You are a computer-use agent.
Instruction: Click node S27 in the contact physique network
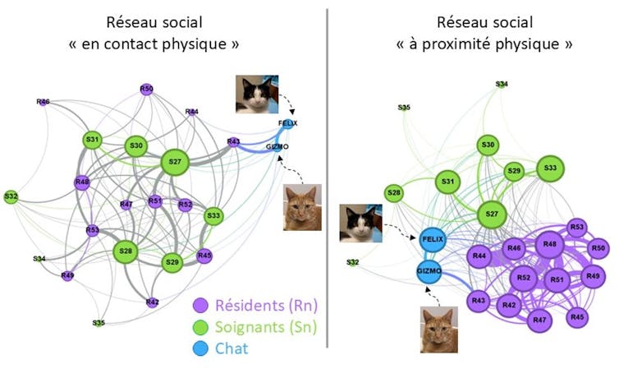(x=174, y=162)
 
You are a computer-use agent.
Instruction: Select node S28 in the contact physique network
(x=126, y=251)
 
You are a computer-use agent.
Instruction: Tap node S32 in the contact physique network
(x=11, y=196)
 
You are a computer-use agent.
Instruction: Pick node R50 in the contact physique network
(x=146, y=89)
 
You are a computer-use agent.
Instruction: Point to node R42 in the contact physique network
(x=152, y=302)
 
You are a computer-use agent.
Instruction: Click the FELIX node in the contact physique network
(x=288, y=124)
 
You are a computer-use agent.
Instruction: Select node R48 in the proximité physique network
(x=550, y=245)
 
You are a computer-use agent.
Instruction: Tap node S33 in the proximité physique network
(x=551, y=169)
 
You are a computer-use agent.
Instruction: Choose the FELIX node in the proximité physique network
(x=432, y=239)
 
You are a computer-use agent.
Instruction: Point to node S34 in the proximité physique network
(x=502, y=84)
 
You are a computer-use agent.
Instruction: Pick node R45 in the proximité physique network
(x=577, y=316)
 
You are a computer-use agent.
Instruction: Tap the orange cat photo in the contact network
(x=301, y=207)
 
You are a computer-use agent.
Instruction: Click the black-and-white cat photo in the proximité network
(x=360, y=224)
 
